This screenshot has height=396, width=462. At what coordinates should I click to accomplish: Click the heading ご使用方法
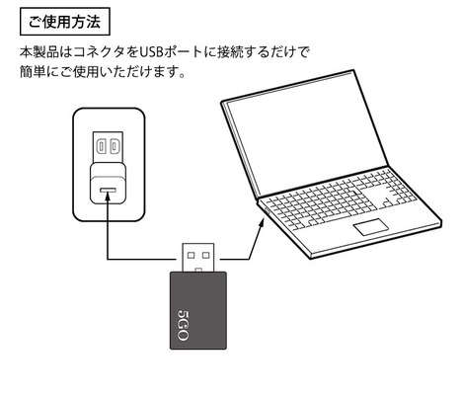tap(64, 22)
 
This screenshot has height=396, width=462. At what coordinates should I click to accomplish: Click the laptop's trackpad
tap(371, 227)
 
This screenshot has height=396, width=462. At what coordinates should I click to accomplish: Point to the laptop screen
tap(306, 135)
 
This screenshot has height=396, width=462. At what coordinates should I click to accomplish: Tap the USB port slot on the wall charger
tap(108, 191)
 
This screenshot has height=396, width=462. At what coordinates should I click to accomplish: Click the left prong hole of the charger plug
tap(101, 146)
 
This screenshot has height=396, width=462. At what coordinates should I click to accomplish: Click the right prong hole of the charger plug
tap(114, 146)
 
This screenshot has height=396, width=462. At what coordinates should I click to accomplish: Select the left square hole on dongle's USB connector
tap(191, 255)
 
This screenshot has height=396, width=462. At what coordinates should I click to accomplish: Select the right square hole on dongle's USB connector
tap(206, 255)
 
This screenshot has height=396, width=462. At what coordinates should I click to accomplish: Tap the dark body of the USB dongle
tap(198, 310)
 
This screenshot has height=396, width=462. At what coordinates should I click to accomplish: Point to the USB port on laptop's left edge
tap(267, 211)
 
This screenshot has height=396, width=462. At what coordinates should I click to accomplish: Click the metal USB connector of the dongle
tap(198, 258)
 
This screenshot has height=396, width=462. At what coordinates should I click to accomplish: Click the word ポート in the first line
tap(183, 52)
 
